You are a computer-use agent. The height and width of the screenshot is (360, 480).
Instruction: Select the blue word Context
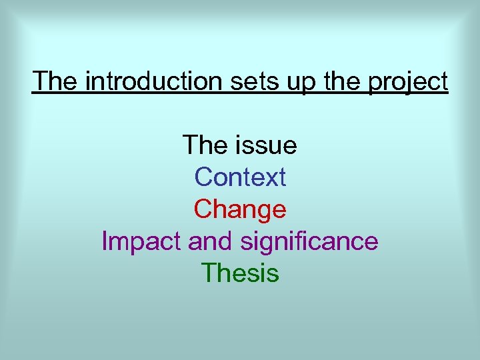coord(240,177)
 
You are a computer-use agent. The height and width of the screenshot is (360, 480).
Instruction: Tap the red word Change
coord(240,209)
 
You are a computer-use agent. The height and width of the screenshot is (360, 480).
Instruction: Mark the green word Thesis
coord(240,273)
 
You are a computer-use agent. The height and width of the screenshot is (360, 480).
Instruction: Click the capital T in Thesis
coord(208,273)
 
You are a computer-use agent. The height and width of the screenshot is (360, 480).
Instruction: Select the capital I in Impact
coord(105,241)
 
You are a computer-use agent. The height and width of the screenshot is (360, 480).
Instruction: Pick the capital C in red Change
coord(203,209)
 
